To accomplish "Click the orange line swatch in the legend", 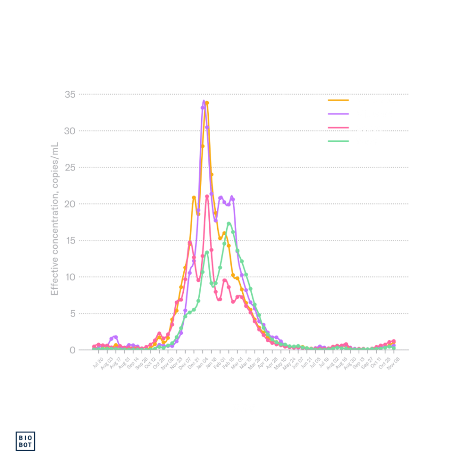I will [338, 99].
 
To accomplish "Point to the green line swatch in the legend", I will [338, 141].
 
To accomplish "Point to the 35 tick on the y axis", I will [70, 94].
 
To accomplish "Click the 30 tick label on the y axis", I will [70, 131].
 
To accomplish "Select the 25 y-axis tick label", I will [70, 167].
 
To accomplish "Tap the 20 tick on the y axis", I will [70, 204].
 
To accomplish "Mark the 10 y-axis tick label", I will [70, 277].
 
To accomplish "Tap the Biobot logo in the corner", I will [26, 441].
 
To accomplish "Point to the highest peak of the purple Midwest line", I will [203, 101].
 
